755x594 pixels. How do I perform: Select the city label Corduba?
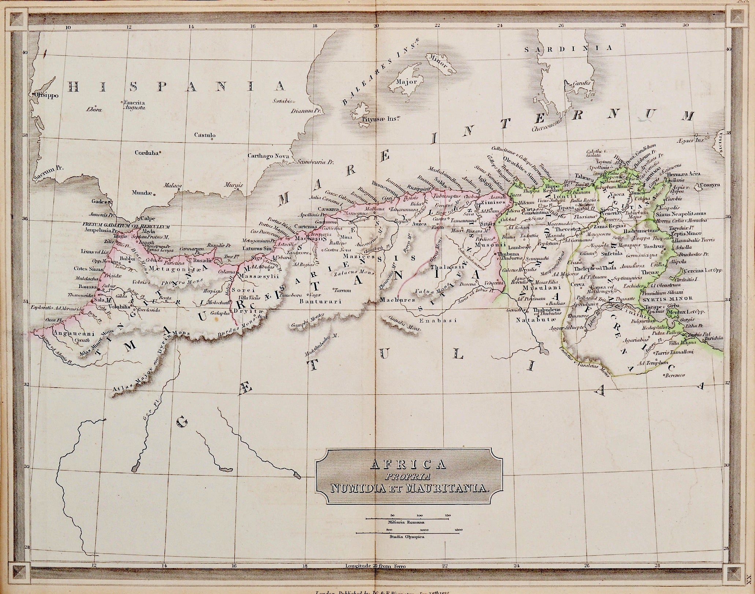pyautogui.click(x=146, y=153)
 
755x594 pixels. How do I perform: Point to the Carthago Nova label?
pyautogui.click(x=268, y=156)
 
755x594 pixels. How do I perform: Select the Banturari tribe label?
pyautogui.click(x=320, y=302)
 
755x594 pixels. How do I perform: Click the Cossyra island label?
pyautogui.click(x=711, y=185)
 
